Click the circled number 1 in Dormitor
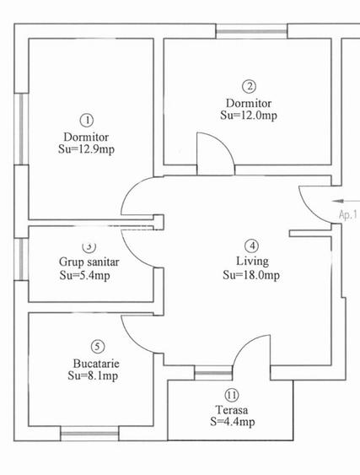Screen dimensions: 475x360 coord(86,121)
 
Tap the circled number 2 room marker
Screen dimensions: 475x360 coord(248,85)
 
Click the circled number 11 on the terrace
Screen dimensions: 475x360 coord(231,395)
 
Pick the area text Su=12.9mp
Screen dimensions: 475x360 coord(86,150)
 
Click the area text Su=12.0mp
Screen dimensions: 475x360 coord(248,115)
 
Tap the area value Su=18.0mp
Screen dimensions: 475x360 coord(251,276)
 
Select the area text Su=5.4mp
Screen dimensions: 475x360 coord(84,275)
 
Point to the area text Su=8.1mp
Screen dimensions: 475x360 coord(93,376)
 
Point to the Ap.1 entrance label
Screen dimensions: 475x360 coord(348,215)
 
